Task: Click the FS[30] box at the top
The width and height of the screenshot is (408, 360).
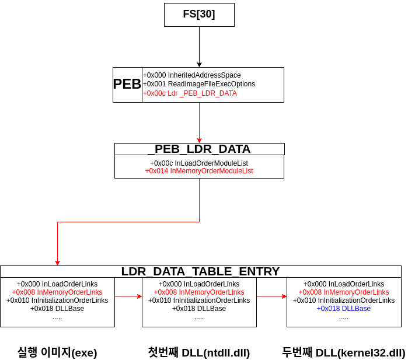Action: click(x=199, y=15)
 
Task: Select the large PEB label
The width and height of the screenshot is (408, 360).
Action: click(x=127, y=84)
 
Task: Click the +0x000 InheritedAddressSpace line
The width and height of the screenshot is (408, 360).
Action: click(x=191, y=75)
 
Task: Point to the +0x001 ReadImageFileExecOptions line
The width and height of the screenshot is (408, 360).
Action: click(x=198, y=84)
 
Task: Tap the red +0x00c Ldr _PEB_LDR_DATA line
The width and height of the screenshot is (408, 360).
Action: click(x=190, y=93)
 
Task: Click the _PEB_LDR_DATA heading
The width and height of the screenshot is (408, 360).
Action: click(x=199, y=149)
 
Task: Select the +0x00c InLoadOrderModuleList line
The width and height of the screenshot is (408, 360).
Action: click(x=199, y=163)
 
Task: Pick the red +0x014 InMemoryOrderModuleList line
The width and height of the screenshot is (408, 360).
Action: click(x=199, y=172)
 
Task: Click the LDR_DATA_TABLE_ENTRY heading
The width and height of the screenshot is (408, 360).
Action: click(x=200, y=271)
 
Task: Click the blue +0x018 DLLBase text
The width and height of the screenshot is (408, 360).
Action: click(x=343, y=309)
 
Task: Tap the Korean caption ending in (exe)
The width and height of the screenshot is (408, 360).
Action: click(x=57, y=352)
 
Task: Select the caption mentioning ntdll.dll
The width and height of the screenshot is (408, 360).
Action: click(x=198, y=352)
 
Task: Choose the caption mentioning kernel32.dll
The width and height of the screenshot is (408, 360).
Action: click(x=343, y=352)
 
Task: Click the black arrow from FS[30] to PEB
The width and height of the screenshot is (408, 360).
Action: click(x=199, y=47)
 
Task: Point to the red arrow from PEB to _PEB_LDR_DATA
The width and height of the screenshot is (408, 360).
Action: click(x=199, y=123)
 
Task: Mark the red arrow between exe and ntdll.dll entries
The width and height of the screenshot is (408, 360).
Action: click(x=128, y=296)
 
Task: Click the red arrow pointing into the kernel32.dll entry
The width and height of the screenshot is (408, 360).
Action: click(x=271, y=296)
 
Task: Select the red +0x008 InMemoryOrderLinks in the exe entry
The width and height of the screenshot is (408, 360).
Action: click(x=57, y=292)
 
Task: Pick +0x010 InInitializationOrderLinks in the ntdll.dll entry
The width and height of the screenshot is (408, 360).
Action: click(x=199, y=300)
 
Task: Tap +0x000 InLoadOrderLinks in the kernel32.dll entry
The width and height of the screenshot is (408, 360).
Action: click(x=343, y=284)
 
